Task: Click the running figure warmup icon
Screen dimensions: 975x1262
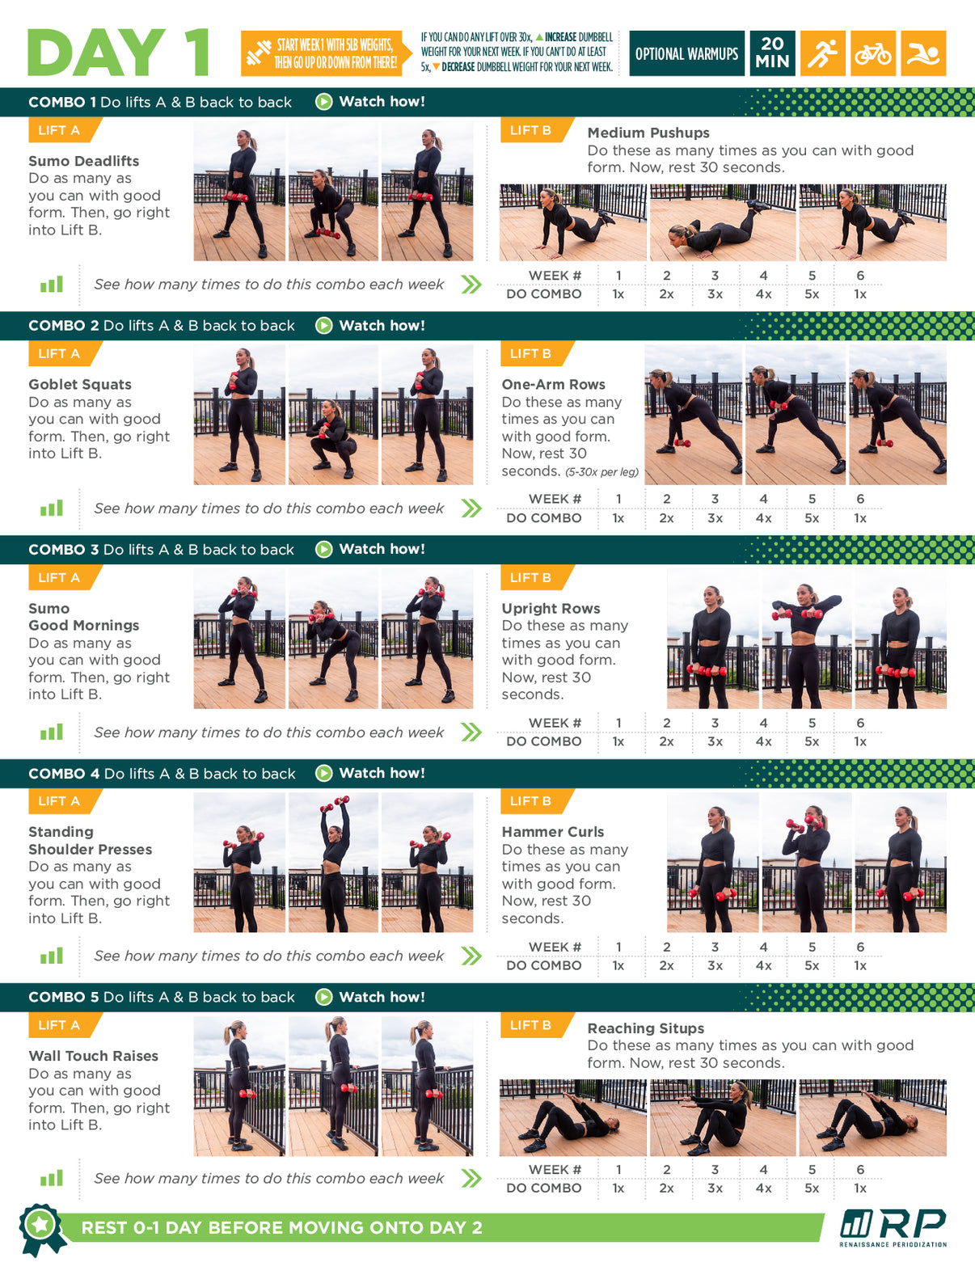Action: point(821,53)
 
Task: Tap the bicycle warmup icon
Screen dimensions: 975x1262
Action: point(872,53)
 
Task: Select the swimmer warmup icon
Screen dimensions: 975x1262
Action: point(923,53)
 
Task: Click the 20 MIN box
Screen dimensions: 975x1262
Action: point(772,53)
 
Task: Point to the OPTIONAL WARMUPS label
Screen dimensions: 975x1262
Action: point(686,54)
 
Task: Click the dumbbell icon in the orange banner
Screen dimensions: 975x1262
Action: point(259,53)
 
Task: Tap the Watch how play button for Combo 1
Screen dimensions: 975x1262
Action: point(323,102)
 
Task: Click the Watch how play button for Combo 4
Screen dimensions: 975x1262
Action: point(323,773)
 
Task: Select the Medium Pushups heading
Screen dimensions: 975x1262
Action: point(648,133)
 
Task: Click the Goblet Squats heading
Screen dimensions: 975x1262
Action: point(80,385)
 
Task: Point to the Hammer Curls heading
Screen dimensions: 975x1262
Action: point(553,832)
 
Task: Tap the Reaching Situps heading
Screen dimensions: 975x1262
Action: point(646,1028)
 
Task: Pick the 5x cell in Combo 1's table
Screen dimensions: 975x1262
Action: point(811,294)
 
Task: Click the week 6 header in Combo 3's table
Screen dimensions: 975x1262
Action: point(860,723)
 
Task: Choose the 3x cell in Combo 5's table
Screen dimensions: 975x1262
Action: point(715,1188)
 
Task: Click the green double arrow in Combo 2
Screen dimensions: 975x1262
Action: point(471,509)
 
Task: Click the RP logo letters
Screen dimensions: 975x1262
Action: point(913,1224)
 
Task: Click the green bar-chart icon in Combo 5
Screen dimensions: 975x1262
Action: point(52,1178)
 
